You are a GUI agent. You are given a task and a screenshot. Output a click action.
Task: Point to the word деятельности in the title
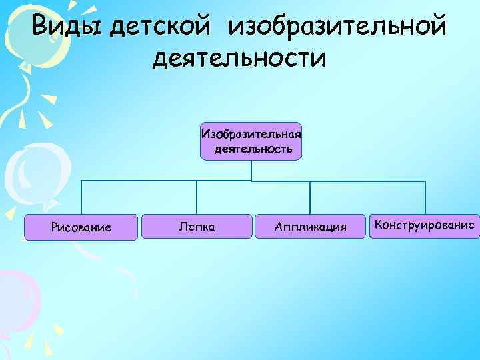[x=239, y=58]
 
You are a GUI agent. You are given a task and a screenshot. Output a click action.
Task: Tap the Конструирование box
[x=425, y=225]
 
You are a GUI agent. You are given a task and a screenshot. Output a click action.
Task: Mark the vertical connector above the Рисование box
[x=81, y=197]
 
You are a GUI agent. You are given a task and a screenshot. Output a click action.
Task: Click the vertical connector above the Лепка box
[x=197, y=197]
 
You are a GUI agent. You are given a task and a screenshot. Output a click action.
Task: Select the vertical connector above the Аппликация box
[x=310, y=197]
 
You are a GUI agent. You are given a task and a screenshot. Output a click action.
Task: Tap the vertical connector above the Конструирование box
[x=425, y=197]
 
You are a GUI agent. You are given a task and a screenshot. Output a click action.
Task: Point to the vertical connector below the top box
[x=251, y=170]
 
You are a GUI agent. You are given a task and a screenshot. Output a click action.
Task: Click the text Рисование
[x=81, y=228]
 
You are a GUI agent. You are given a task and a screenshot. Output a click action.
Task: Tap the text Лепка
[x=197, y=227]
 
